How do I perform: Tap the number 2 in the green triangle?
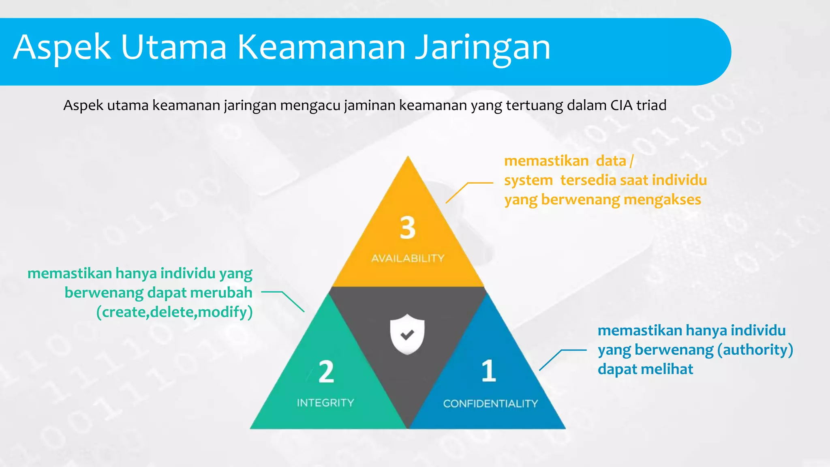(x=326, y=372)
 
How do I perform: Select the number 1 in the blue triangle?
(x=489, y=371)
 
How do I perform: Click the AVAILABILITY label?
(x=408, y=258)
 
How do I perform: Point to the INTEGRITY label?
(x=325, y=403)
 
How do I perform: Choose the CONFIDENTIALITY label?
(x=490, y=403)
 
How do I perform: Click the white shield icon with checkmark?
(x=407, y=334)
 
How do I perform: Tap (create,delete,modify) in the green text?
(x=174, y=312)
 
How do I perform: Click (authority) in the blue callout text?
(x=755, y=349)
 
